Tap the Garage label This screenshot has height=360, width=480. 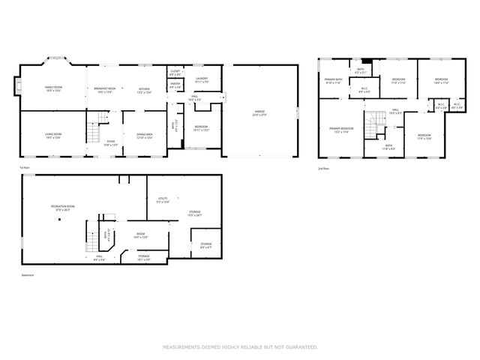(x=259, y=114)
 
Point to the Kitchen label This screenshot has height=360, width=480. (x=143, y=89)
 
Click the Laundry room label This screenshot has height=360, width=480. (x=201, y=79)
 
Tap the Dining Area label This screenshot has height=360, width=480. (x=145, y=136)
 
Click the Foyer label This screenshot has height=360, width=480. (x=110, y=141)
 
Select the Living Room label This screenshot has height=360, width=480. (x=52, y=136)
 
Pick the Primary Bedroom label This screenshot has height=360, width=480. (x=341, y=130)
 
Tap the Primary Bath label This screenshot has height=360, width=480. (x=333, y=81)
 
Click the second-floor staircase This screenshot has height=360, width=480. (x=374, y=121)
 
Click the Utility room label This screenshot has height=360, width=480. (x=162, y=199)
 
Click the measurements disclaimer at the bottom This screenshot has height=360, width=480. (x=240, y=347)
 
